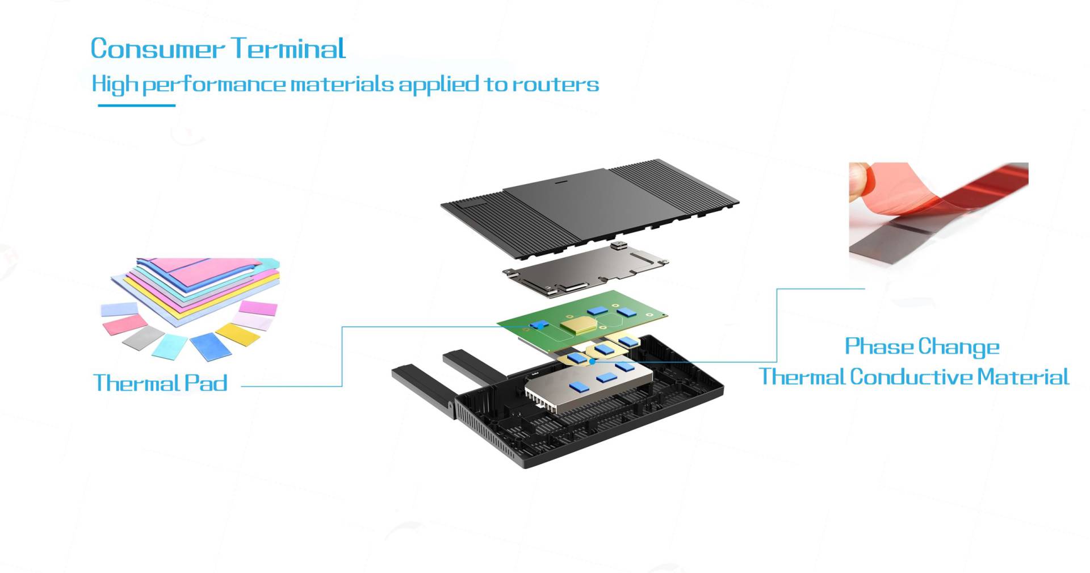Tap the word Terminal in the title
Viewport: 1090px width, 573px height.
point(288,49)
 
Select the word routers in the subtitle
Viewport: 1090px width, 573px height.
point(556,85)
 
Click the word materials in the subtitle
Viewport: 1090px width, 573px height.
point(342,85)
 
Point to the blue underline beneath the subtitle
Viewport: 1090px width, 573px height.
point(136,105)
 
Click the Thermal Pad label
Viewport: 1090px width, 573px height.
point(160,383)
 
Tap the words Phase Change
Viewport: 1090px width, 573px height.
point(921,346)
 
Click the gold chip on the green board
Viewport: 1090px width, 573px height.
point(579,325)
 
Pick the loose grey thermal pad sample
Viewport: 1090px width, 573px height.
point(143,337)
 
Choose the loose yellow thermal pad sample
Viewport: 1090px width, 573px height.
point(238,333)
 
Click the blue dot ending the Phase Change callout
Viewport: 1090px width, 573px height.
point(592,361)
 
